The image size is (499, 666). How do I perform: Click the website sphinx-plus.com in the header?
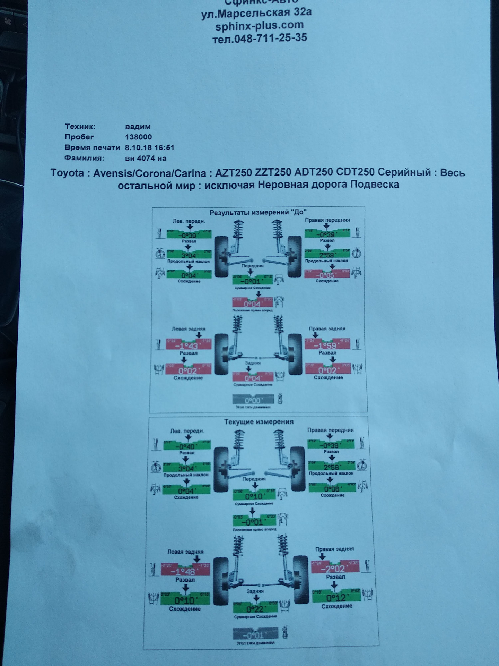click(x=259, y=25)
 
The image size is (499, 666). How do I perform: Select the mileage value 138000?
click(x=138, y=137)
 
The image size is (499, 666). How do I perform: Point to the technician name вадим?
click(x=138, y=127)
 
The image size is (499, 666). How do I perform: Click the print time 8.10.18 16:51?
click(x=149, y=147)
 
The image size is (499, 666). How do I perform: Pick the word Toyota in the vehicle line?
click(x=67, y=173)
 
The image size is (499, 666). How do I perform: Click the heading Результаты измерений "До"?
click(x=258, y=212)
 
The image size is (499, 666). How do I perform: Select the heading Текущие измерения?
click(x=259, y=422)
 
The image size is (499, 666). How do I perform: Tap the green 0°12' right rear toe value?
click(x=336, y=597)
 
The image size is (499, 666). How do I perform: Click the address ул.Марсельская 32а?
click(x=256, y=13)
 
